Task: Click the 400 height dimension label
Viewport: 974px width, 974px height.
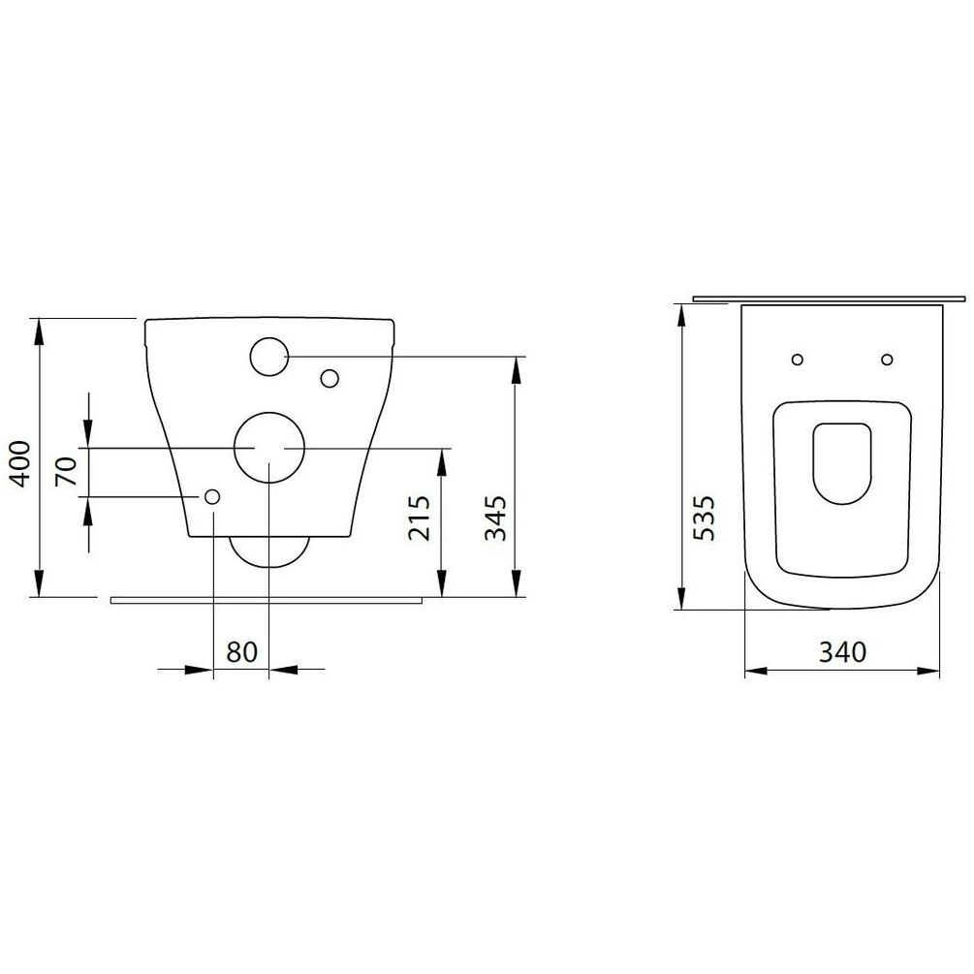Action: coord(20,463)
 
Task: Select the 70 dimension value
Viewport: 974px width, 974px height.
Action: coord(67,471)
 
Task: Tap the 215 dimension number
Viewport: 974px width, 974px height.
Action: coord(420,518)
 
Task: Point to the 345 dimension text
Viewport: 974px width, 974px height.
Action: coord(495,518)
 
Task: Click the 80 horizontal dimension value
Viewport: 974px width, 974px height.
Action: coord(241,652)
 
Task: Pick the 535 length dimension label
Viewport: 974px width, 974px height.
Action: coord(704,518)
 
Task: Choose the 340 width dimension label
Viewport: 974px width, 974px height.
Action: coord(842,651)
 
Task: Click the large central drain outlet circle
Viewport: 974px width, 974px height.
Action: coord(269,412)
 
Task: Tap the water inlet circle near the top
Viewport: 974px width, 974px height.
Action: coord(269,338)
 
